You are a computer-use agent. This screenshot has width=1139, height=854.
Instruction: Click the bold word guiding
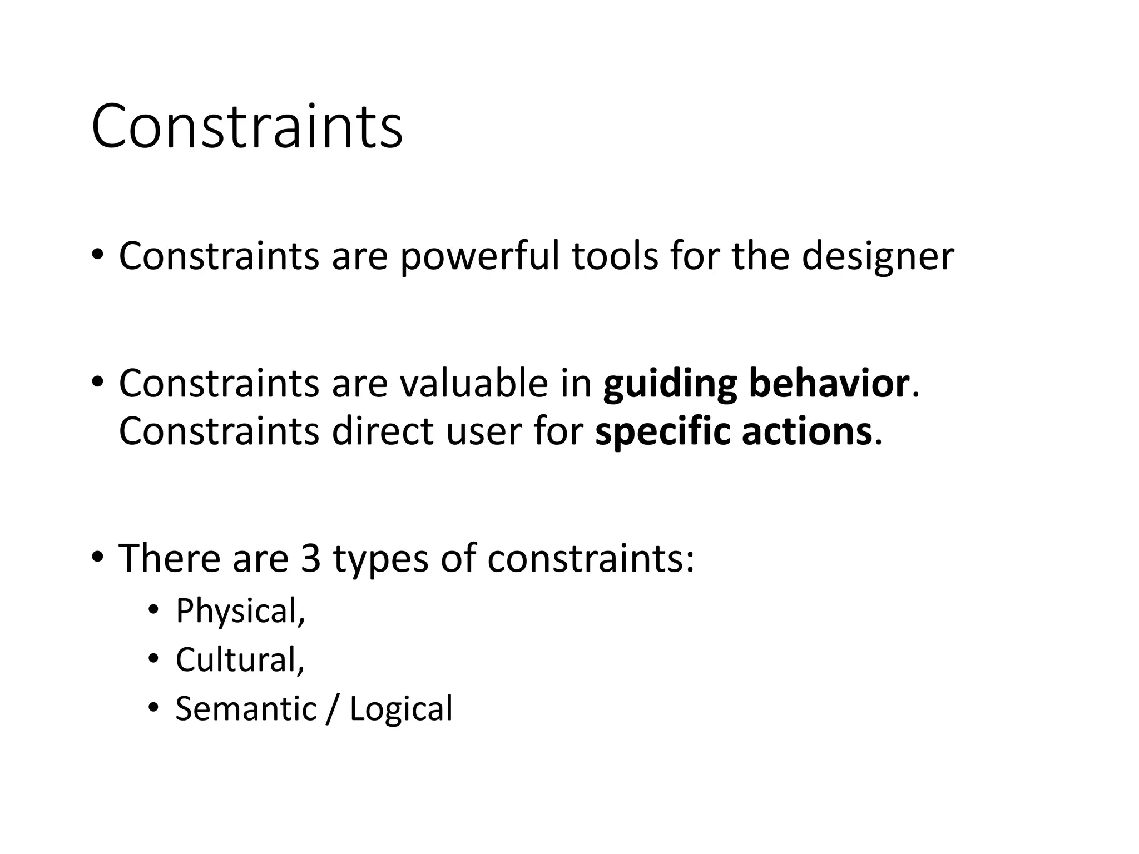670,384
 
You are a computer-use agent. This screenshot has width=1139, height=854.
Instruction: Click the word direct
383,431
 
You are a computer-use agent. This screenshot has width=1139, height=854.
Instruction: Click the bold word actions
806,432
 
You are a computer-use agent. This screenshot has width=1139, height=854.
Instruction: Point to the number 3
311,558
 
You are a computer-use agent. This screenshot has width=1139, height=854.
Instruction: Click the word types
381,559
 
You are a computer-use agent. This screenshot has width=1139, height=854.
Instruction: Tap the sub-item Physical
240,611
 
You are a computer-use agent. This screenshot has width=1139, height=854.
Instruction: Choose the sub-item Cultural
240,659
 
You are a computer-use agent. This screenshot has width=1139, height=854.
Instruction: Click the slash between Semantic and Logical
333,709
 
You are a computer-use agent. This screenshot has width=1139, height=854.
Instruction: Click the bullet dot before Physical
153,610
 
